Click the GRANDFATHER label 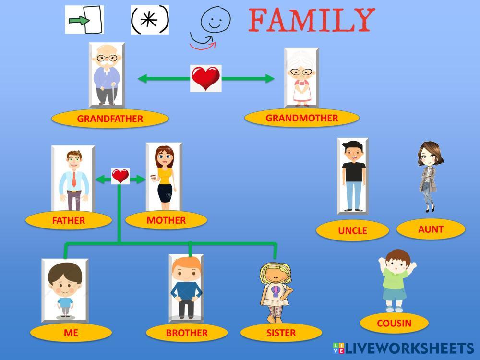[110, 119]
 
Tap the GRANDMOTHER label [301, 118]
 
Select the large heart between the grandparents [205, 78]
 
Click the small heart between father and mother [120, 176]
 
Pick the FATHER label [68, 220]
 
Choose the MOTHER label [166, 220]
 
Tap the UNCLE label [352, 230]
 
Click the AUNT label [431, 229]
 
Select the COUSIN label [394, 323]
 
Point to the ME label [71, 333]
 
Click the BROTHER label [187, 333]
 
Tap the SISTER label [281, 333]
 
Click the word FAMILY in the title [312, 20]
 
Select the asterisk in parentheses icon [150, 20]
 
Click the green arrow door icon [84, 20]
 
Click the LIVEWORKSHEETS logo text [408, 348]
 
